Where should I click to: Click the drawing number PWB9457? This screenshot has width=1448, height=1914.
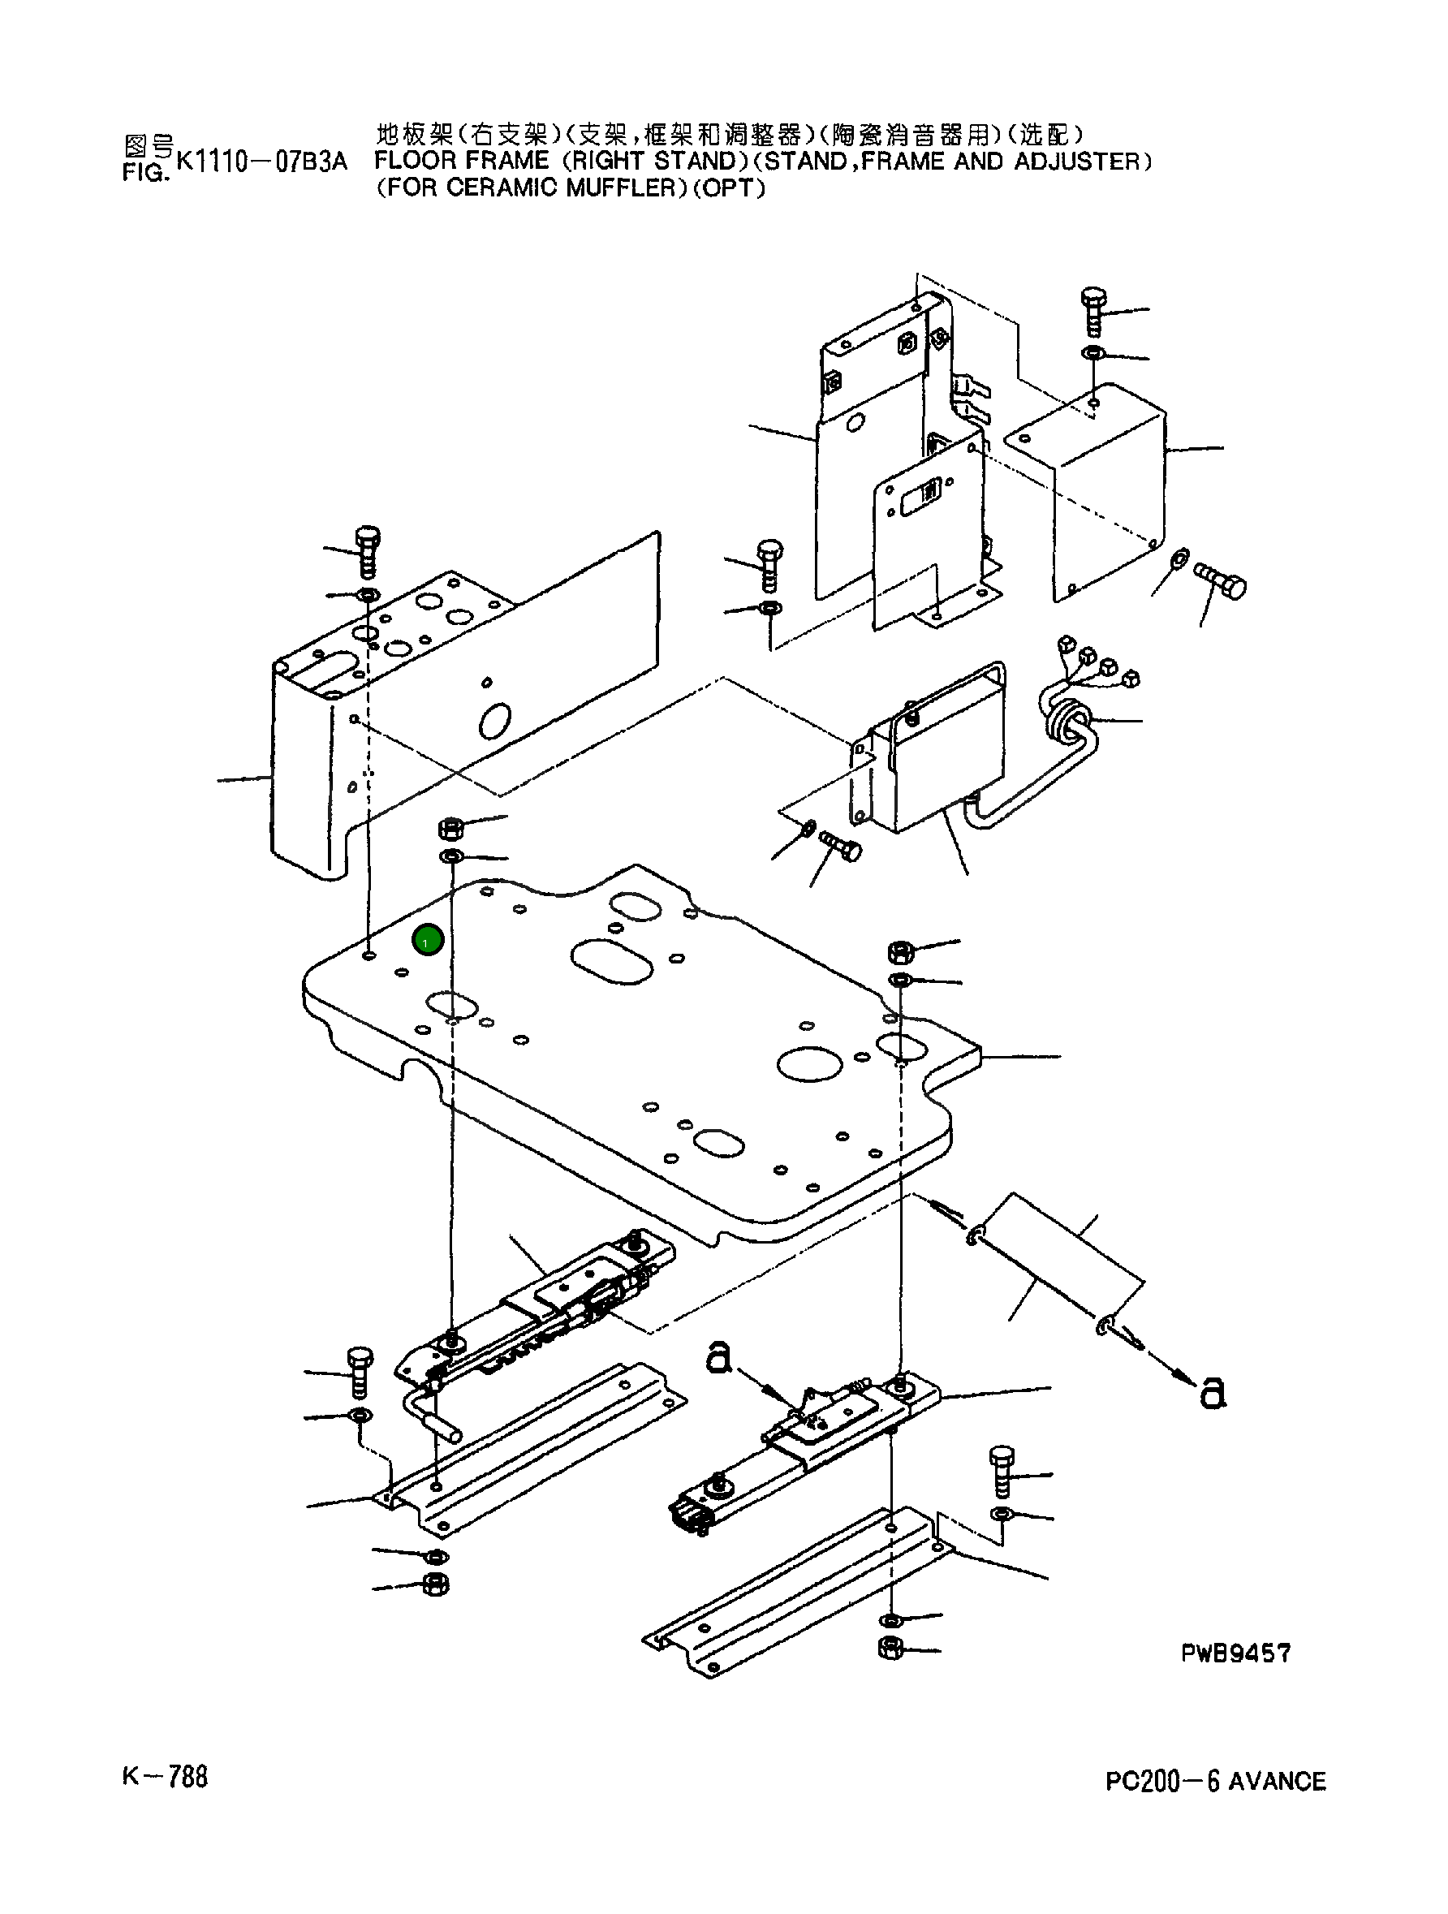coord(1235,1653)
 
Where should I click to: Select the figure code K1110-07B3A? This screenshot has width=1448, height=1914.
coord(261,162)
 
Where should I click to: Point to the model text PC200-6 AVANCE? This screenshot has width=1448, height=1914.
coord(1215,1782)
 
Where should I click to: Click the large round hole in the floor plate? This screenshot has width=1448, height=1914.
coord(810,1063)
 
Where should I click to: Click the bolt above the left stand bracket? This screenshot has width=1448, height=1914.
coord(367,552)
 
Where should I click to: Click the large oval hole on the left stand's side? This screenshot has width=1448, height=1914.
coord(495,721)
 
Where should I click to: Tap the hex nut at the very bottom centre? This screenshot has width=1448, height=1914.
coord(890,1648)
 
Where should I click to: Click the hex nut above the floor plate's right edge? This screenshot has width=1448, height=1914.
coord(899,952)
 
